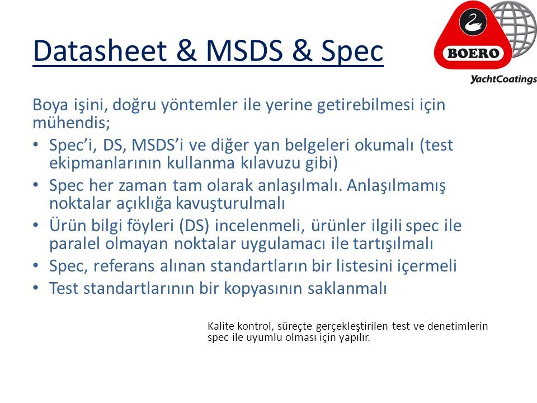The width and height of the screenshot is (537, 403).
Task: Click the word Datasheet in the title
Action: [100, 51]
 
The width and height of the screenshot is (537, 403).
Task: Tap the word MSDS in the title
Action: [244, 51]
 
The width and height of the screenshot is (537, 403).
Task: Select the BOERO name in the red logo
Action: [473, 53]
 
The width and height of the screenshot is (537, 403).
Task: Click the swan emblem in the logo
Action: [473, 22]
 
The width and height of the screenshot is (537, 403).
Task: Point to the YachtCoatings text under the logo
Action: [503, 79]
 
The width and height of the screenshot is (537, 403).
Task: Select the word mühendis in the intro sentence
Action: [71, 123]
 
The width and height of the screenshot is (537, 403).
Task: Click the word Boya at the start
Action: [50, 105]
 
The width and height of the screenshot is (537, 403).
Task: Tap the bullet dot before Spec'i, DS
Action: [36, 144]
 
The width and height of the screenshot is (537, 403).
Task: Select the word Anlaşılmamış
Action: [396, 186]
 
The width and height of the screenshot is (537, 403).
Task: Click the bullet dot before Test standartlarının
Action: [36, 288]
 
